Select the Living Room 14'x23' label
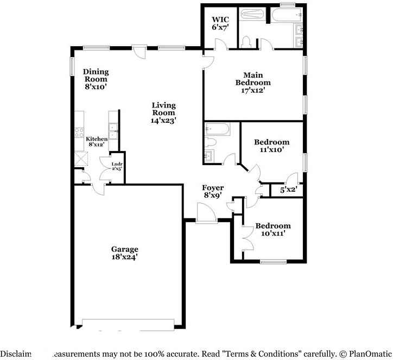tap(163, 113)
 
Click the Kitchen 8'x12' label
tap(97, 142)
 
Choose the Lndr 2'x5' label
tap(117, 166)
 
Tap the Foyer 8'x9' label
tap(213, 191)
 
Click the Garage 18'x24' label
tap(125, 252)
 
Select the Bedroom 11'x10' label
tap(271, 146)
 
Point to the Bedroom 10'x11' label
tap(272, 229)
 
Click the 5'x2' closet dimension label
tap(288, 190)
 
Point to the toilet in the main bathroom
tap(246, 42)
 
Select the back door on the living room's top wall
tap(140, 51)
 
